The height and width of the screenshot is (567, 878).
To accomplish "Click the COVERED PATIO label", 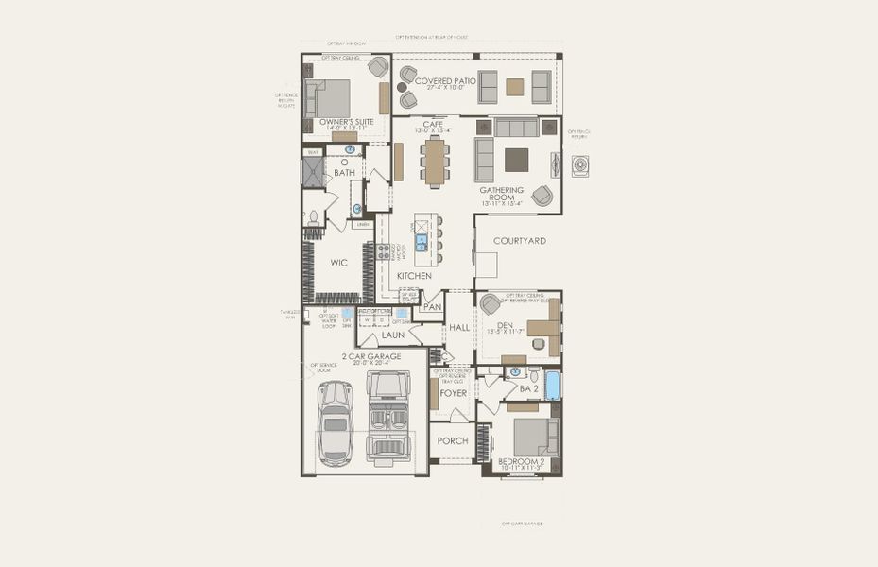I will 445,82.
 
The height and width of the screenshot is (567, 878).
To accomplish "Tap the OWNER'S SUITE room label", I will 342,123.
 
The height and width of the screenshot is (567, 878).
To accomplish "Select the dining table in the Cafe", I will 435,162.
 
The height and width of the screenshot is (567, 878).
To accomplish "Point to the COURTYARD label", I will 519,241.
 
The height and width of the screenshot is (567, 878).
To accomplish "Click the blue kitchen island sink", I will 422,242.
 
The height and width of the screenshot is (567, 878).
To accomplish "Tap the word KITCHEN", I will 414,276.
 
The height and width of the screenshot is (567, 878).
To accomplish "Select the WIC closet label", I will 339,263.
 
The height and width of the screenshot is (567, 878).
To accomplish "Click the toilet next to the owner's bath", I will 313,217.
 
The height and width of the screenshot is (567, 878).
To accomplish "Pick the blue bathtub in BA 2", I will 553,385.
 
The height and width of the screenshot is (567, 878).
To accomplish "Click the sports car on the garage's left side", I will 335,423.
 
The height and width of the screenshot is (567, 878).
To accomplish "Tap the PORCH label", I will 453,441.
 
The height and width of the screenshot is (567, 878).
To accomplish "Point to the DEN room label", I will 505,325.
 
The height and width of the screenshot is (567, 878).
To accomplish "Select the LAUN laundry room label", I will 393,335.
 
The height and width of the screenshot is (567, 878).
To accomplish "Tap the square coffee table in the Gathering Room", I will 516,160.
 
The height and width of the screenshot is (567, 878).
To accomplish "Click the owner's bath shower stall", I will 313,171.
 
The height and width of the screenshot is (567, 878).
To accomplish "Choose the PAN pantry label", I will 432,307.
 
